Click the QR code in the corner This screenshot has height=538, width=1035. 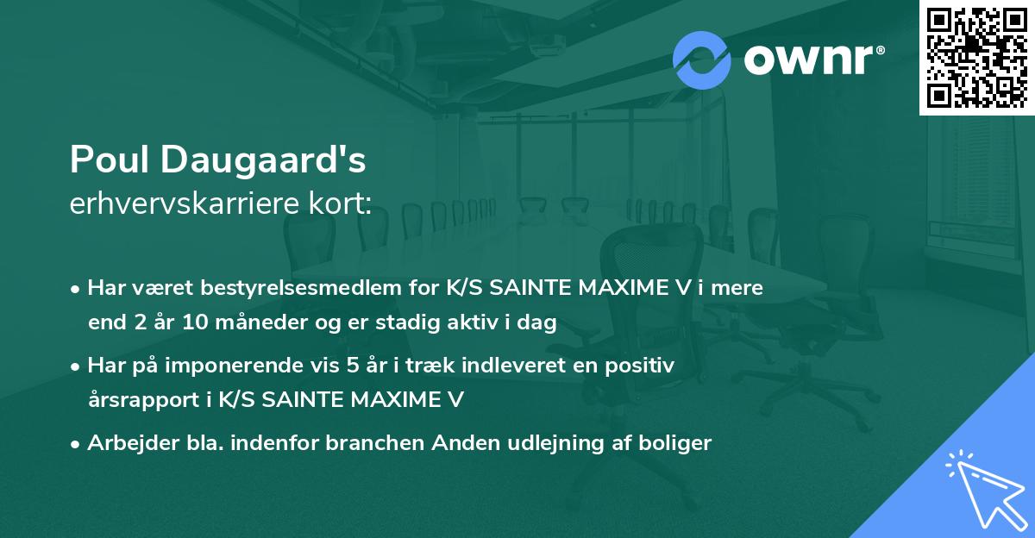(x=977, y=57)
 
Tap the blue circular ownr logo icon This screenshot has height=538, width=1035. (x=701, y=59)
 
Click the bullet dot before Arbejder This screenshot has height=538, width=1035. (x=76, y=444)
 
